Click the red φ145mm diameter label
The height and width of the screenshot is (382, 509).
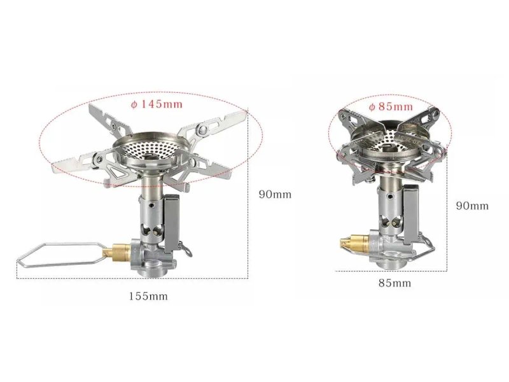(x=157, y=104)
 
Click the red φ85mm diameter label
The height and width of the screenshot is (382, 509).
(x=391, y=106)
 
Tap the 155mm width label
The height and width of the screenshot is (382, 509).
(x=148, y=296)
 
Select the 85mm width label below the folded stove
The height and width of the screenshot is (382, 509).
(x=394, y=283)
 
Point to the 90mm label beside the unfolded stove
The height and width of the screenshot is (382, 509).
(x=275, y=195)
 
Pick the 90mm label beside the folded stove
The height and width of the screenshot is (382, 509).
(x=472, y=206)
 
